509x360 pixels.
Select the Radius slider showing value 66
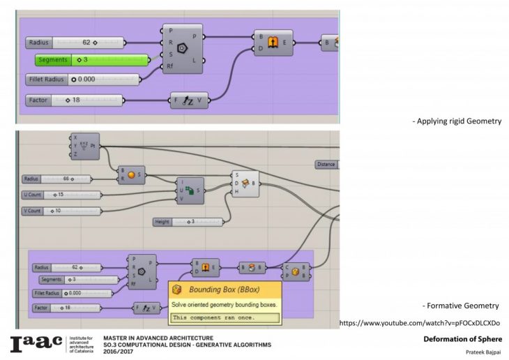coord(67,179)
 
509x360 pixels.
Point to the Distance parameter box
coord(326,165)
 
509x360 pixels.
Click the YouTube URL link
coord(419,323)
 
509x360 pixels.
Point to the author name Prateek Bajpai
coord(481,352)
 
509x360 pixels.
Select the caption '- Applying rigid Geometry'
coord(457,121)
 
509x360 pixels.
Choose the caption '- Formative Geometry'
coord(460,306)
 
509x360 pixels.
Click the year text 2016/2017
coord(119,351)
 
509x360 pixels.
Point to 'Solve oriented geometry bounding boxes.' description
coord(223,305)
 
